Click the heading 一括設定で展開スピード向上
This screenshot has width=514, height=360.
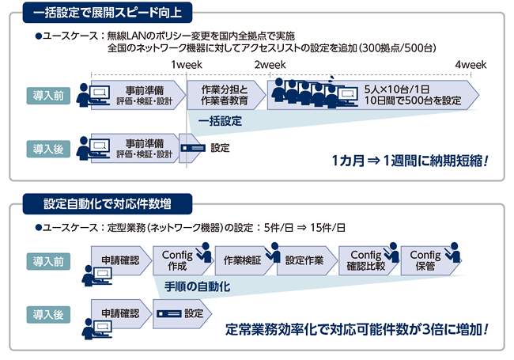[x=106, y=13]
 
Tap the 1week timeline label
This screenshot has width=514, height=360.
[x=187, y=65]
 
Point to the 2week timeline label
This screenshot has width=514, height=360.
[x=270, y=65]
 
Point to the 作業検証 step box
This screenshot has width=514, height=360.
[x=241, y=260]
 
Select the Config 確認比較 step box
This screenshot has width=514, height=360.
[x=365, y=260]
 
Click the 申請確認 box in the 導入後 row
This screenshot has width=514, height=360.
[x=119, y=313]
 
